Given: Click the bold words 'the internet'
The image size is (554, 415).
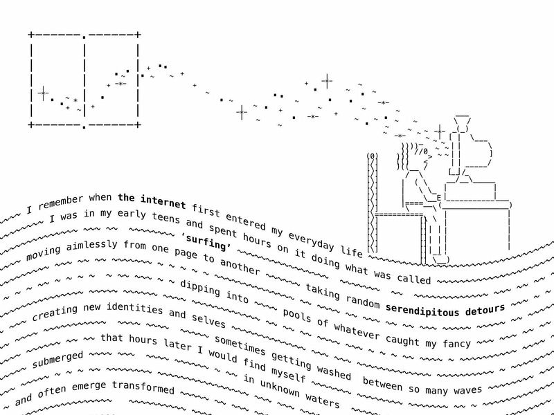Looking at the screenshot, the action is coord(152,201).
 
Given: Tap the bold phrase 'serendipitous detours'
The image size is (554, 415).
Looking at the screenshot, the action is coord(445,310).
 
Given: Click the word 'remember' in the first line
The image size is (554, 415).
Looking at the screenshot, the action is coord(61,203).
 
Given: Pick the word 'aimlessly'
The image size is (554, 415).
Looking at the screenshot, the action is coord(91,245).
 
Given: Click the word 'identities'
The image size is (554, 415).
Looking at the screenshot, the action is coord(134,308).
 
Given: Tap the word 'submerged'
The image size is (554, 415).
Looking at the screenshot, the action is coord(57,360).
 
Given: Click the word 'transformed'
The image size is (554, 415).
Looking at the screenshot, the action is coord(143,387).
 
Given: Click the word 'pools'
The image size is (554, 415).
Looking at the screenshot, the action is coord(297,315).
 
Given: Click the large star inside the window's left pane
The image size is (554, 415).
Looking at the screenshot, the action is coord(43,93).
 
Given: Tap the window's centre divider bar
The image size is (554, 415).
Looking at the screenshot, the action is coord(84,81).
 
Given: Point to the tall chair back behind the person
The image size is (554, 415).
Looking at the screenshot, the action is coord(373,203).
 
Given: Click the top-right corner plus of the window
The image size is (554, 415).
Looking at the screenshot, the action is coord(138,35).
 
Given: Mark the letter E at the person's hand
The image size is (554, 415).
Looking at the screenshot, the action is coord(439,198).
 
